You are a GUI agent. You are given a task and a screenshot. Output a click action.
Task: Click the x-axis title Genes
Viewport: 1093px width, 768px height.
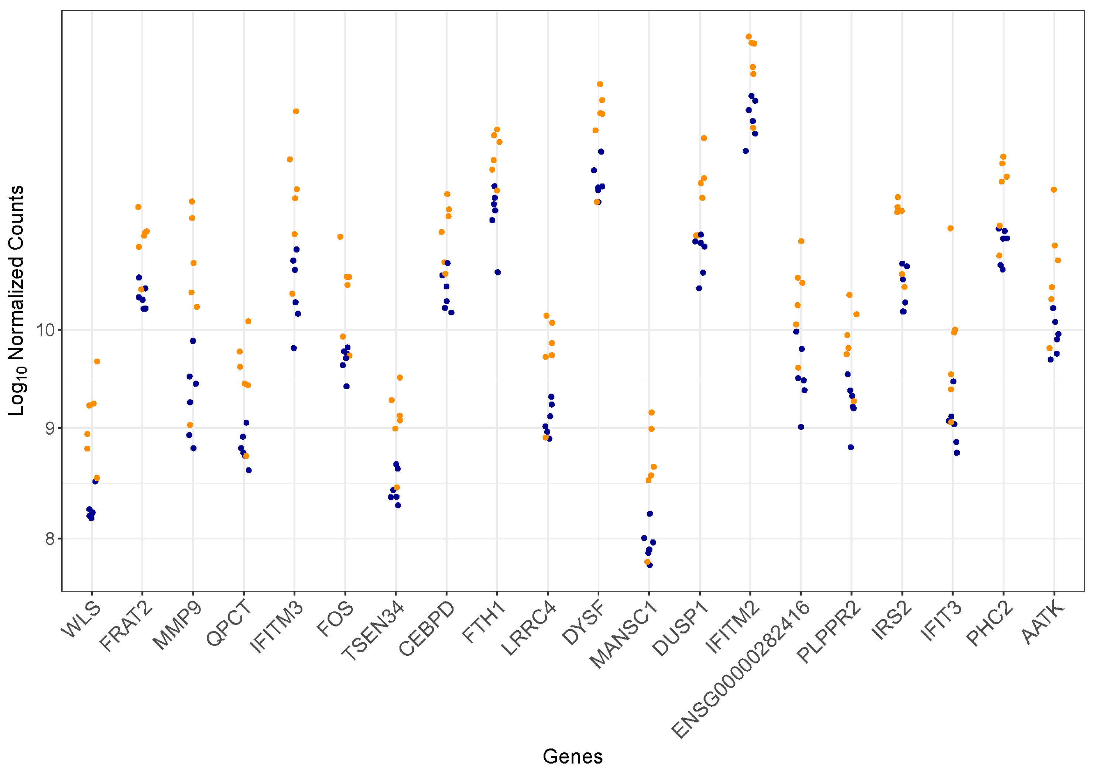pyautogui.click(x=573, y=756)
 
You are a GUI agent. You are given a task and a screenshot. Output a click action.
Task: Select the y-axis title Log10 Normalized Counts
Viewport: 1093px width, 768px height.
pyautogui.click(x=16, y=301)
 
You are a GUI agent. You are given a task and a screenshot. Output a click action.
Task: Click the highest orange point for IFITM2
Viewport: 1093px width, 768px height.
pyautogui.click(x=749, y=37)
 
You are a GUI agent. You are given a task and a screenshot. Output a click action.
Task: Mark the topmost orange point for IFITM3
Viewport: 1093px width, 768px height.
pyautogui.click(x=296, y=112)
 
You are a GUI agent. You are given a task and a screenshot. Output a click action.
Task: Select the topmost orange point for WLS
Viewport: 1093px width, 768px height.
pyautogui.click(x=97, y=362)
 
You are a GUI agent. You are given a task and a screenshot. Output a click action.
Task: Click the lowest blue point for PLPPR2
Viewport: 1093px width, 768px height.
pyautogui.click(x=851, y=447)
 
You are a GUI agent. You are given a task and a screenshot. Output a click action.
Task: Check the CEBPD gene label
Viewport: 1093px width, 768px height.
pyautogui.click(x=426, y=629)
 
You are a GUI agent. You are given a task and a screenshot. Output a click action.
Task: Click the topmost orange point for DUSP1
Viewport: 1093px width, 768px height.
pyautogui.click(x=704, y=138)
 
